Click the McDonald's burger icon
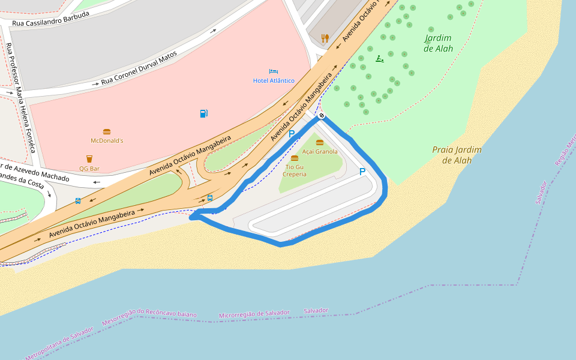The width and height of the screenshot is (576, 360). coord(107,131)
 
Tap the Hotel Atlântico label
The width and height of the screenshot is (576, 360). coord(274,80)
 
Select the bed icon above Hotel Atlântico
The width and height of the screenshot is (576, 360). coord(274,71)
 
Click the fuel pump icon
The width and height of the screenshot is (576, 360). coord(203,113)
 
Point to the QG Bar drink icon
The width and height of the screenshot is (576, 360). coord(89,159)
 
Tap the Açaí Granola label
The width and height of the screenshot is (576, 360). coord(320,151)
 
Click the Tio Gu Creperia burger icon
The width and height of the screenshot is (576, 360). coord(294,158)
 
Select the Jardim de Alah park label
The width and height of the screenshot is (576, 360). coord(438,43)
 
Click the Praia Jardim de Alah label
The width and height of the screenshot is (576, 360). coord(457,155)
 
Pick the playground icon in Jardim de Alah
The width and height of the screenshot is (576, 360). coord(379,58)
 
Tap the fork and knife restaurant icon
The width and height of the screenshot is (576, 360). coord(325,38)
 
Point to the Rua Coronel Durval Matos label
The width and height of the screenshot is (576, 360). coord(139,68)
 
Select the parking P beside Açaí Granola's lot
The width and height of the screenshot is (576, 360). coord(362,172)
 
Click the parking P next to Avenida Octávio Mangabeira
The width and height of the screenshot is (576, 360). coord(292,134)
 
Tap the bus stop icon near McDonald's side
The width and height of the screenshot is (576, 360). coord(78,201)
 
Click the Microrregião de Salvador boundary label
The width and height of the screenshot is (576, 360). coord(254,314)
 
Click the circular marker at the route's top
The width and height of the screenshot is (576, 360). coord(322,115)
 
